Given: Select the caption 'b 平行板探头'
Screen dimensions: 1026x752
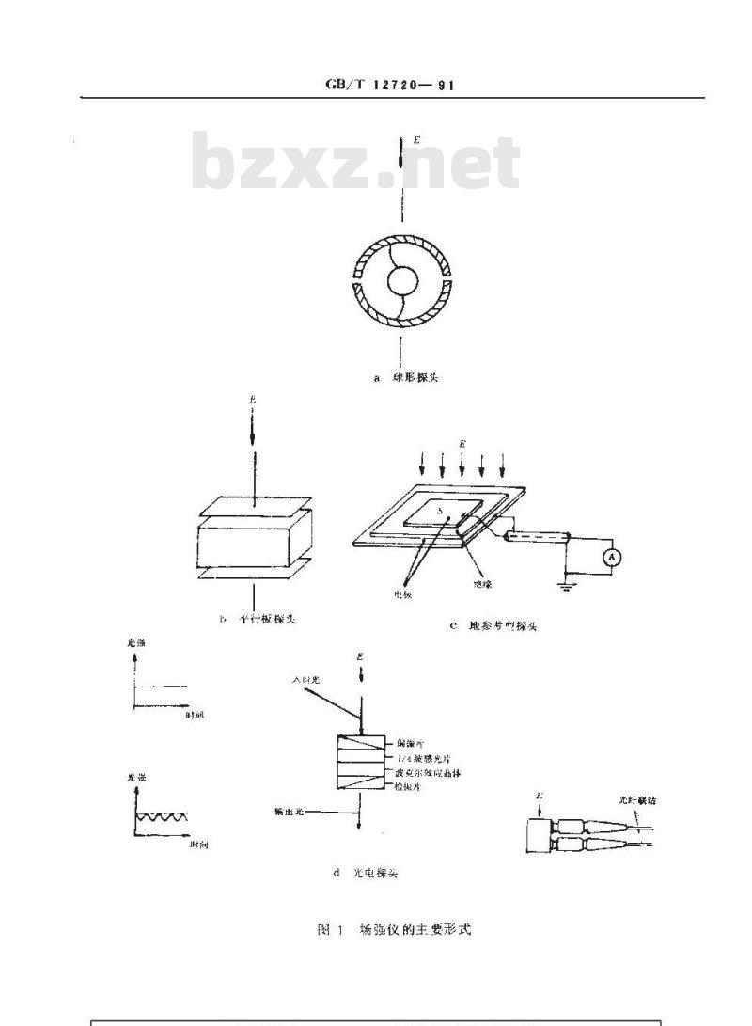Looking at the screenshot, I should coord(257,619).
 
